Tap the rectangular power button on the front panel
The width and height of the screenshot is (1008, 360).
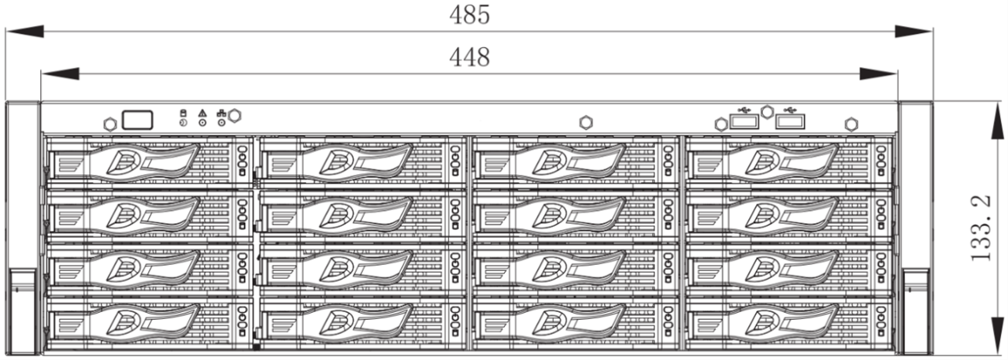coord(137,120)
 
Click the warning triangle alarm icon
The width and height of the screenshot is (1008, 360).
coord(202,113)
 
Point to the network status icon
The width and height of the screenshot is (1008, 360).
coord(221,113)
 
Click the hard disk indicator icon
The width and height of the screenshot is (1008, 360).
coord(183,113)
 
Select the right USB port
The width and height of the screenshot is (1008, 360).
coord(790,121)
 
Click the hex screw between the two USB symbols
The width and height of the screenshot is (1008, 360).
coord(767,112)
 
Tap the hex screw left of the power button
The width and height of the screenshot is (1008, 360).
coord(110,124)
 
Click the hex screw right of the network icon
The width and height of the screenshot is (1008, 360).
coord(235,116)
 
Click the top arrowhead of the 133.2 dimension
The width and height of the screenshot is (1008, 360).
coord(997,118)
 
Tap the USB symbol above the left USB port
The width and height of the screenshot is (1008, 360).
coord(744,109)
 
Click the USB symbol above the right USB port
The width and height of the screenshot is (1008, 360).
coord(790,109)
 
